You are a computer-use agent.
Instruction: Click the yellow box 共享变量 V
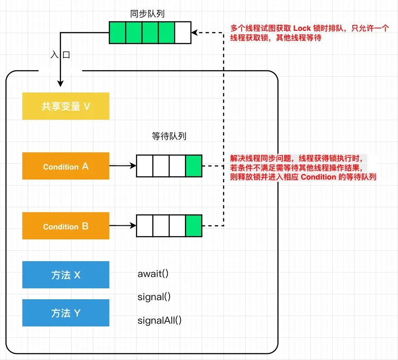click(x=66, y=106)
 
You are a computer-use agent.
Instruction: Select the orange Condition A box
click(x=66, y=166)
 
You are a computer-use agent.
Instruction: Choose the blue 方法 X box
click(x=66, y=275)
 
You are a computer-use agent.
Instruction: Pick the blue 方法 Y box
click(x=66, y=313)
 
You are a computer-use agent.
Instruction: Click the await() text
click(x=153, y=274)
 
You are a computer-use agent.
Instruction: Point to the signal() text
click(x=154, y=297)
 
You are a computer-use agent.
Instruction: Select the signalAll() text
click(x=159, y=321)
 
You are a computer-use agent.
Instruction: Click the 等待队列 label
click(x=169, y=136)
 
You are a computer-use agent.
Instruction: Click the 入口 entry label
click(x=60, y=55)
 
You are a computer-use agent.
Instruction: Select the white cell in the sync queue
click(x=183, y=33)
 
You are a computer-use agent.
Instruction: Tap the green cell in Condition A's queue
click(x=194, y=166)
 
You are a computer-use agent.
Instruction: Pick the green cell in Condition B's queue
click(x=194, y=226)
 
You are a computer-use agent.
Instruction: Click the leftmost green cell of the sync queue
click(x=117, y=33)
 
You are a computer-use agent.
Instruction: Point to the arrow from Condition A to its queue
click(x=122, y=166)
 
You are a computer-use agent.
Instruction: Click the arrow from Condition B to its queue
click(x=122, y=225)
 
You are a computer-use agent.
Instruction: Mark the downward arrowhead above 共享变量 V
click(x=60, y=83)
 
